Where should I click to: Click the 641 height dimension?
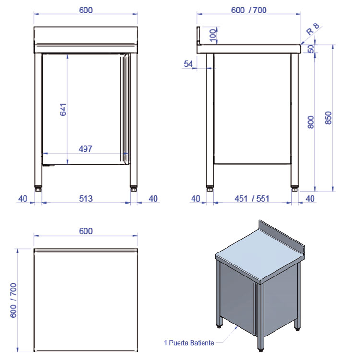(63, 109)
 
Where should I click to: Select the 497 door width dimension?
(85, 149)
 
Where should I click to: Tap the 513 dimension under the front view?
(85, 199)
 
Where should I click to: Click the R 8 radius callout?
(312, 29)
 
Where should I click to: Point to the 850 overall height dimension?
(328, 118)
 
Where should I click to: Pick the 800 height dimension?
(311, 122)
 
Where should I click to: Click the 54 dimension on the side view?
(188, 64)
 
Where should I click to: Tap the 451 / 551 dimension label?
(252, 199)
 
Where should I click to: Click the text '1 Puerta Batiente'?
(189, 343)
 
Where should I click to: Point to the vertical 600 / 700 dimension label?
(13, 300)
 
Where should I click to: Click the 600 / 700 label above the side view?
(249, 11)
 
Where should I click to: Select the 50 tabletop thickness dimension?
(311, 48)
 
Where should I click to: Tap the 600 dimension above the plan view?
(85, 231)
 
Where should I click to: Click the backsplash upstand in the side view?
(199, 36)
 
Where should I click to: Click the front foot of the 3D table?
(260, 350)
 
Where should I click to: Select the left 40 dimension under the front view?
(23, 199)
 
